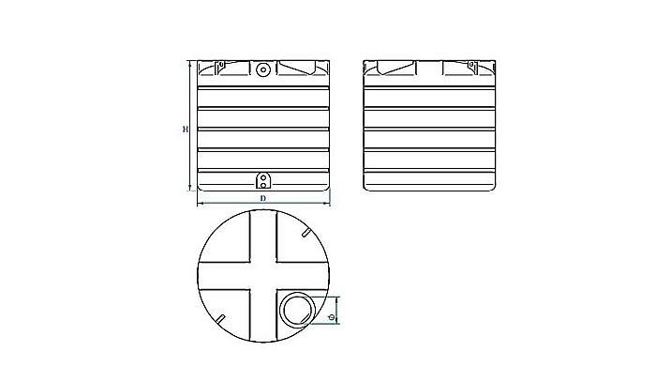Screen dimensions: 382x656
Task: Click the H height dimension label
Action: [186, 129]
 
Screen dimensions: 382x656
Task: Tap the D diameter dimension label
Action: [263, 199]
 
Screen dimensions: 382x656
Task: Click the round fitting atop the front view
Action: [262, 69]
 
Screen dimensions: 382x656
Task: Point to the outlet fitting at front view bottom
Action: [263, 179]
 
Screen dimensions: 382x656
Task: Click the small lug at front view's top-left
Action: [220, 67]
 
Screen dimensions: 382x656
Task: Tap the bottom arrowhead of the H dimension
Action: [192, 191]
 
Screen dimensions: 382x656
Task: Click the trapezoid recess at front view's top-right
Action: [301, 69]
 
